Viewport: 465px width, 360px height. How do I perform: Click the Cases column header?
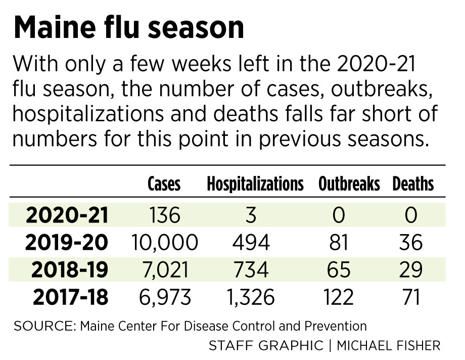coord(164,184)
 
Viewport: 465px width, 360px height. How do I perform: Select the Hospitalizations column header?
coord(255,184)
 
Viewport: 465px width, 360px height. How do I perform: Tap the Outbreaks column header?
coord(349,184)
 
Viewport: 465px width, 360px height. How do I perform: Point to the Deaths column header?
coord(413,184)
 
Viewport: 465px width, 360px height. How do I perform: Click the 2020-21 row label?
coord(67,215)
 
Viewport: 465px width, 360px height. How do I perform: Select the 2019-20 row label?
coord(67,243)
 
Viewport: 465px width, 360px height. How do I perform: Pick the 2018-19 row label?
coord(70,270)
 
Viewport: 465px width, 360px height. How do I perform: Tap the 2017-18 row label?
coord(71,297)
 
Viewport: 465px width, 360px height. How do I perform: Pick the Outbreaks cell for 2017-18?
coord(339,297)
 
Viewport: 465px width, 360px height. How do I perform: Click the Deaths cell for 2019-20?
coord(410,243)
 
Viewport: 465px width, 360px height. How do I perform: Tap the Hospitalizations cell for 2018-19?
coord(251,270)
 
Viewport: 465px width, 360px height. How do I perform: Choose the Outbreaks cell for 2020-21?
coord(339,215)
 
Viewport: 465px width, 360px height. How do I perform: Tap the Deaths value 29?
coord(410,270)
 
